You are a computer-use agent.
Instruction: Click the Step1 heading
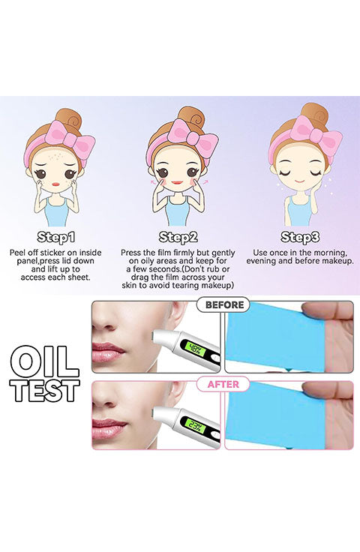[x=56, y=237]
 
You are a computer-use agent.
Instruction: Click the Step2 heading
[x=178, y=237]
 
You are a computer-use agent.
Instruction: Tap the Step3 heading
[x=300, y=237]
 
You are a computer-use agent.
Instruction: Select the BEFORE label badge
[x=223, y=304]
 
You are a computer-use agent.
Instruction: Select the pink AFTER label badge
[x=223, y=384]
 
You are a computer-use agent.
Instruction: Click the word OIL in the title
[x=44, y=361]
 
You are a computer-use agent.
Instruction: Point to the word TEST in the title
[x=45, y=391]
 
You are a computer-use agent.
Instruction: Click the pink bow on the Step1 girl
[x=74, y=139]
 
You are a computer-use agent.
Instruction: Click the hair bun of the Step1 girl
[x=68, y=119]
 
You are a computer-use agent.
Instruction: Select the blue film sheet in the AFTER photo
[x=276, y=415]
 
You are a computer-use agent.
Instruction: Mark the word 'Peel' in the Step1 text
[x=17, y=253]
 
